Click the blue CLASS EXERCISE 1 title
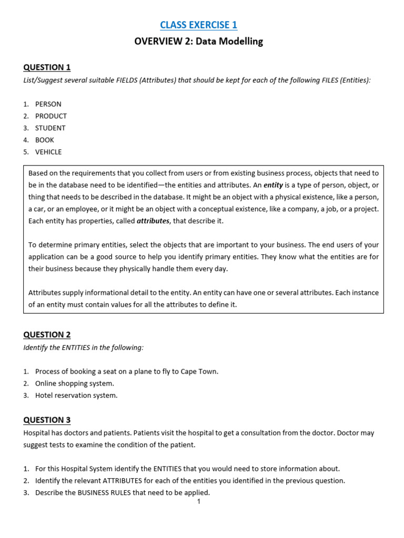click(x=199, y=25)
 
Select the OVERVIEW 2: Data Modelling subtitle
click(x=198, y=42)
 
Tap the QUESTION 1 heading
click(x=47, y=67)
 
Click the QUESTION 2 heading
click(x=47, y=335)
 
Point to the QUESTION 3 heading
click(x=47, y=420)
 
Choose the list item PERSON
click(x=48, y=104)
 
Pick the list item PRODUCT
click(x=50, y=116)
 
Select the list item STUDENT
click(x=50, y=128)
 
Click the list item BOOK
click(x=44, y=140)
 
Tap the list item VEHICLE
click(x=48, y=152)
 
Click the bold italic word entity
click(x=273, y=185)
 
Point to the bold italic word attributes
click(x=153, y=221)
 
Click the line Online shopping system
click(x=74, y=384)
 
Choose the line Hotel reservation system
click(x=76, y=396)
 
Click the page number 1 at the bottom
click(x=199, y=502)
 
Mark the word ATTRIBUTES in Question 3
click(x=127, y=481)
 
